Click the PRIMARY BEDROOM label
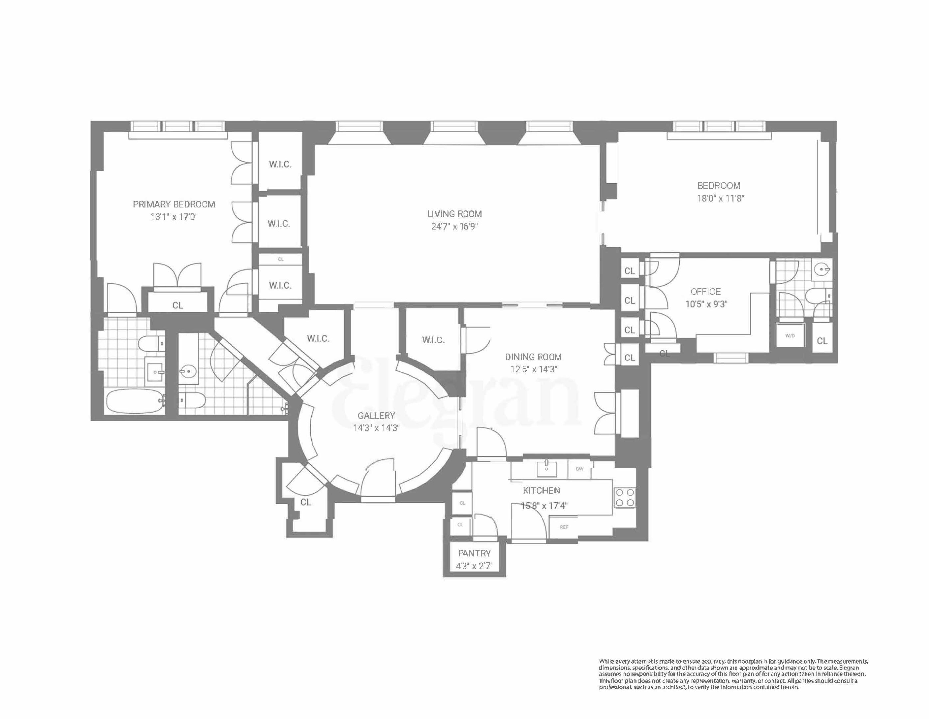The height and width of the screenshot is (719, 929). [174, 204]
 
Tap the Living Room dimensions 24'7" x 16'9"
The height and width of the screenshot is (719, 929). [454, 226]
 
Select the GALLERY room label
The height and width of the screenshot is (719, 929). [376, 415]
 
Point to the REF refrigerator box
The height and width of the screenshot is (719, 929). [564, 527]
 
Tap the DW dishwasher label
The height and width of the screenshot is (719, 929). [579, 469]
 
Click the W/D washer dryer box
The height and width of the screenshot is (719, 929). [790, 336]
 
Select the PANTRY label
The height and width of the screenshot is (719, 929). [474, 553]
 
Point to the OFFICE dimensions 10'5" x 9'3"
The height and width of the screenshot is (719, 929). [706, 304]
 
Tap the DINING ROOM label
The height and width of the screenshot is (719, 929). [533, 357]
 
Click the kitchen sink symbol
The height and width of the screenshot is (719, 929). [546, 469]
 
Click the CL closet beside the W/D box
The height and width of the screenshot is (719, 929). [822, 341]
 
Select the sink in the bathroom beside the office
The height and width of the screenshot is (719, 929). [820, 269]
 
